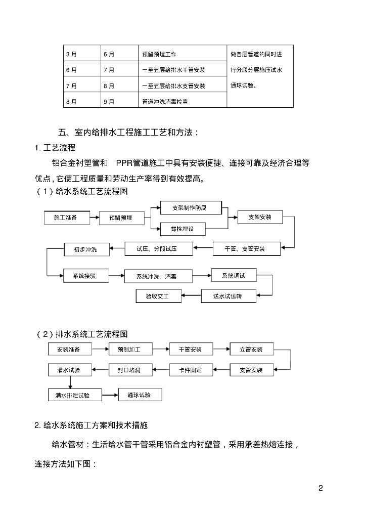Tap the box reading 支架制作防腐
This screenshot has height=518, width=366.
click(x=190, y=207)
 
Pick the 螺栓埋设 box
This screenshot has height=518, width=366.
click(x=182, y=229)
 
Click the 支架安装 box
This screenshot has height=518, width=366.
click(x=260, y=217)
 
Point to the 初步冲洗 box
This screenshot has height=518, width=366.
click(x=85, y=249)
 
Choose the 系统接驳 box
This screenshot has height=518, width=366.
click(x=84, y=276)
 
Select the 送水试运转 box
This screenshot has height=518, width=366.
click(x=228, y=296)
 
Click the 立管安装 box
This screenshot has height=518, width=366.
click(x=251, y=350)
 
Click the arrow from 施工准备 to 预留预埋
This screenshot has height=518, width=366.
click(x=95, y=218)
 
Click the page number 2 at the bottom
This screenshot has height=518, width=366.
click(x=321, y=488)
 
